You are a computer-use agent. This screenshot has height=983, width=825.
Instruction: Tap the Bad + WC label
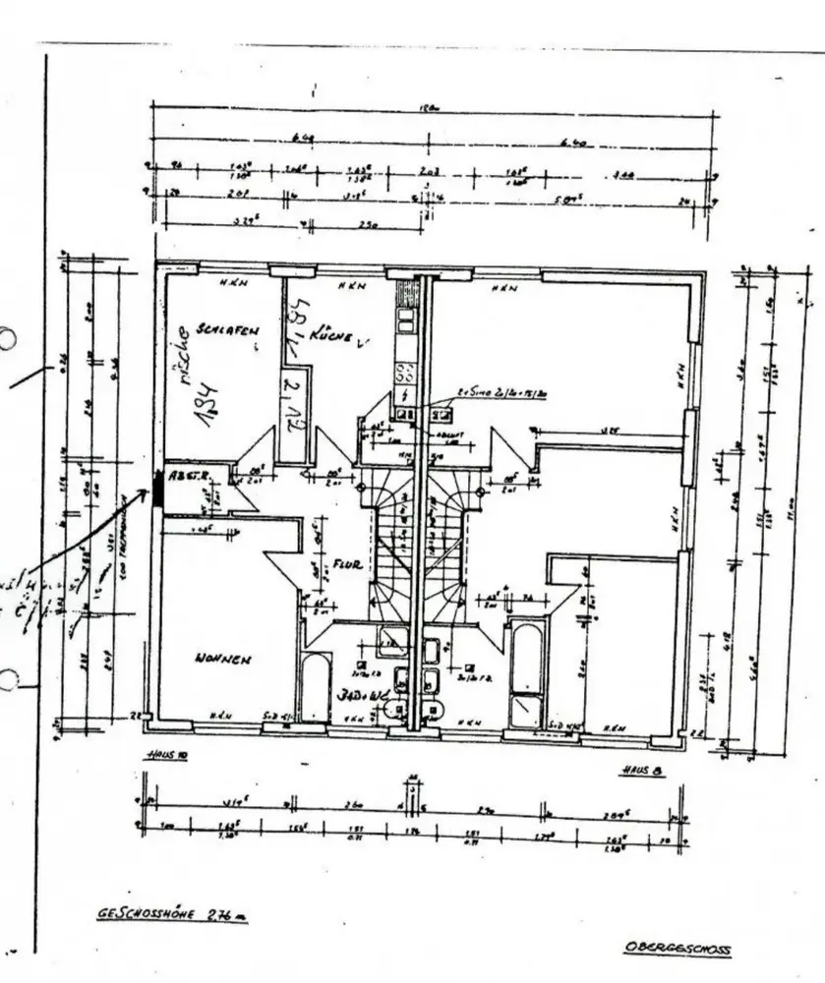point(359,695)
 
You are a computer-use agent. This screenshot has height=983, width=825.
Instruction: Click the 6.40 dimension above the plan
point(571,143)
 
